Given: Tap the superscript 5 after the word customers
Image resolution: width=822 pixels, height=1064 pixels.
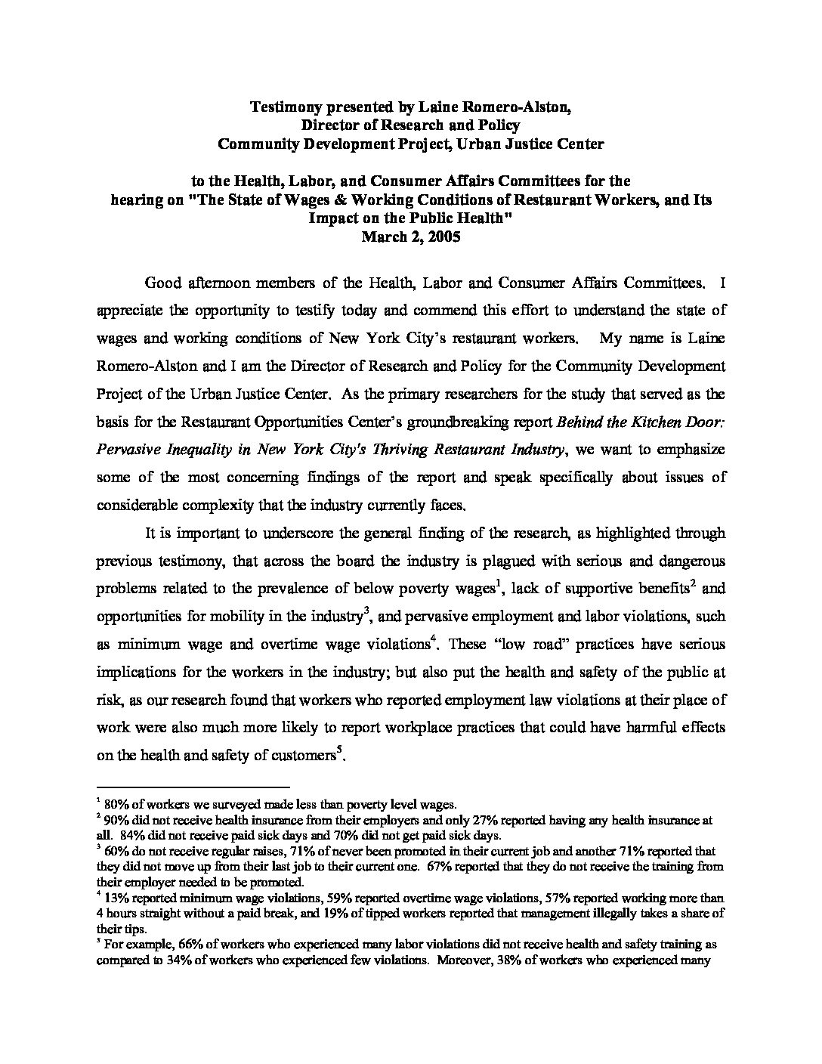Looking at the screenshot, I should pos(341,750).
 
